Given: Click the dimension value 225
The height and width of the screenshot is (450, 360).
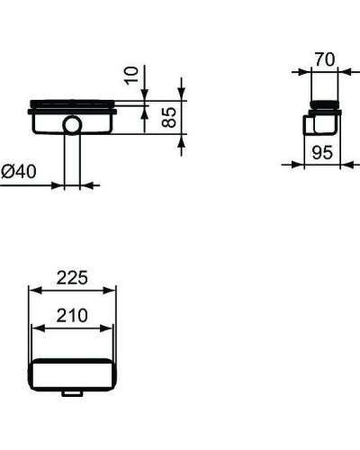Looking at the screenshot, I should click(72, 278).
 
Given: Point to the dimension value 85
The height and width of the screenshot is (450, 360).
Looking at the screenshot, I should click(167, 117).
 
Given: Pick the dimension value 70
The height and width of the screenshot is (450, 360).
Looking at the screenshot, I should click(324, 59).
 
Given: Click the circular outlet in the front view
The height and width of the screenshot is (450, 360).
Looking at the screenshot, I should click(72, 124).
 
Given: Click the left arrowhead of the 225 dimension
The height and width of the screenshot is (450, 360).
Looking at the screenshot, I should click(33, 290).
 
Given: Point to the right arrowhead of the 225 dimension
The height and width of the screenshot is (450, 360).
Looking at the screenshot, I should click(112, 290).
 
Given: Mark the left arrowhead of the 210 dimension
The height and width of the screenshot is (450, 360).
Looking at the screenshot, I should click(37, 327).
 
